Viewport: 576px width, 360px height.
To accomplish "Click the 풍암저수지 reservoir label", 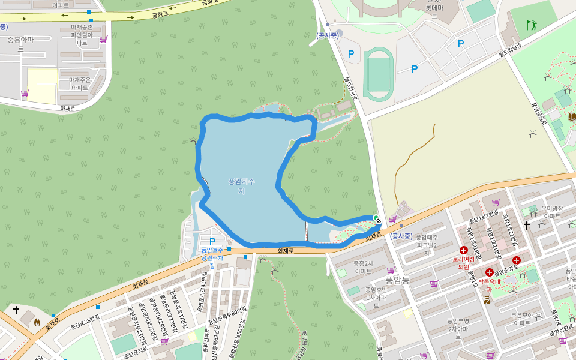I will [241, 186].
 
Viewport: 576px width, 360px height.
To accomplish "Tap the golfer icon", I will [531, 25].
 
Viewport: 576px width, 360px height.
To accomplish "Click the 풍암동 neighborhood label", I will [397, 280].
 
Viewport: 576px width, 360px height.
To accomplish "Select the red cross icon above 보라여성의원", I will [463, 250].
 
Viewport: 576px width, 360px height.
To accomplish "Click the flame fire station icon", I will [37, 322].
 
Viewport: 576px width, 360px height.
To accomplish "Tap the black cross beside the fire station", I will [16, 310].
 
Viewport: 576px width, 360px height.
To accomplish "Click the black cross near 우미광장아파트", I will [527, 225].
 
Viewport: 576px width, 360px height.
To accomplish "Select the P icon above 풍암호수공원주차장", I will [212, 241].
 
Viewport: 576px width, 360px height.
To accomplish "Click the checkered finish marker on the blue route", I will [379, 221].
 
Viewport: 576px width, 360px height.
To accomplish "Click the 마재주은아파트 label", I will [80, 83].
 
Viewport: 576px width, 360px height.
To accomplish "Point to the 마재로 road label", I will [68, 109].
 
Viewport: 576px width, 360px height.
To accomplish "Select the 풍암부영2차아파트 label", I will [458, 329].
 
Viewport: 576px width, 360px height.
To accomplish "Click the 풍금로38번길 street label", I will [85, 322].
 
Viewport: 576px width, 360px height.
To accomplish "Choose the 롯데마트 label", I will [434, 11].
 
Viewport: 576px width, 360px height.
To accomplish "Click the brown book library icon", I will [571, 116].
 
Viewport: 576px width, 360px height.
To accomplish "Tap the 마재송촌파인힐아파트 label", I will [82, 35].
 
